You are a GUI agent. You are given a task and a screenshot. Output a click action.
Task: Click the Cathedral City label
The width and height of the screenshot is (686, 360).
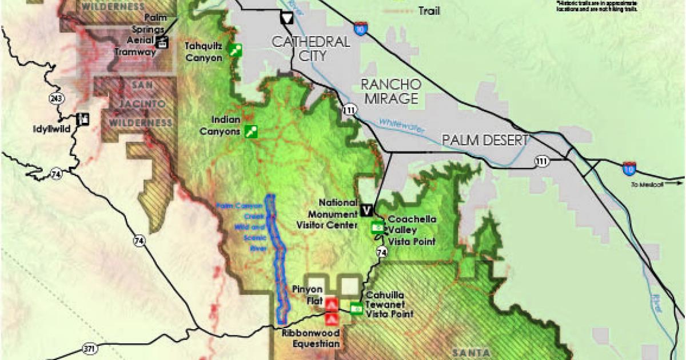click(310, 49)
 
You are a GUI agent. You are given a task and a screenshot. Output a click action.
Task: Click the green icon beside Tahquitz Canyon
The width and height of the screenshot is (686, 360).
click(234, 50)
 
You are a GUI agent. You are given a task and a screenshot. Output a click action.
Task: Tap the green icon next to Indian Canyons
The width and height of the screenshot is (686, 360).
click(250, 131)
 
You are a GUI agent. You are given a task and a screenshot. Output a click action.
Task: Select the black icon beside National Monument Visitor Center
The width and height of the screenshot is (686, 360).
click(367, 210)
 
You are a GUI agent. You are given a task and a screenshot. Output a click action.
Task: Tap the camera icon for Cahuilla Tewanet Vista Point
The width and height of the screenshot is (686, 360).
click(356, 309)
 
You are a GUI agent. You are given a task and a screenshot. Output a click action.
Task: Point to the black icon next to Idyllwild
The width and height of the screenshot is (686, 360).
click(84, 118)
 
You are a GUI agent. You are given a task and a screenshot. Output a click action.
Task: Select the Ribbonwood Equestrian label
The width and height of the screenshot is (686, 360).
click(311, 338)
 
